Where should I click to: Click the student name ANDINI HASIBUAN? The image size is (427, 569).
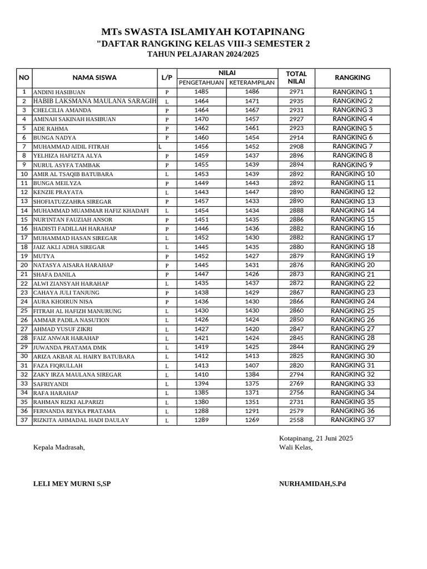click(59, 92)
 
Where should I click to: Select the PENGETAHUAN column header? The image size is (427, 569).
click(201, 83)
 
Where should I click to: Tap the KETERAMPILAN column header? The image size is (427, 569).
click(252, 83)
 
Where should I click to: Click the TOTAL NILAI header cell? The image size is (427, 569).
click(296, 78)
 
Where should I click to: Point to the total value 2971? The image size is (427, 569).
click(296, 92)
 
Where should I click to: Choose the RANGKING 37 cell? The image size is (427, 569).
click(352, 420)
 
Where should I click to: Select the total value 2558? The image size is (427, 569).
click(296, 420)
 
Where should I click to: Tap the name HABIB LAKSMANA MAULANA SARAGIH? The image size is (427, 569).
click(95, 101)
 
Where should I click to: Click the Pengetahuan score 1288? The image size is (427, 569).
click(201, 411)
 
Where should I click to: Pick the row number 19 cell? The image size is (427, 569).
click(24, 256)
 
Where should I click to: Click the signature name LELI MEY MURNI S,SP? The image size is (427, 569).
click(72, 484)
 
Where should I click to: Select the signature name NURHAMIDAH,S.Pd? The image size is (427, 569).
click(312, 484)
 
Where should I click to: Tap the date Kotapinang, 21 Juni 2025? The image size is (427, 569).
click(316, 438)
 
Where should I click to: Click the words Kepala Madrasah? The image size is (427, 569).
click(59, 448)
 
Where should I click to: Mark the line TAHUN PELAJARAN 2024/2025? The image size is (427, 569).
click(203, 54)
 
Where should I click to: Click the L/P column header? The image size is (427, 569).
click(167, 78)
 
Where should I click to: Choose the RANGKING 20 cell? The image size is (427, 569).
click(352, 265)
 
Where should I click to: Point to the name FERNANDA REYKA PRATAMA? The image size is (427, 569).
click(75, 411)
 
